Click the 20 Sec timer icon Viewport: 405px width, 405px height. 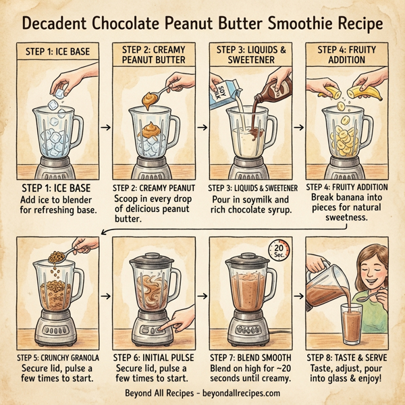[281, 249]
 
